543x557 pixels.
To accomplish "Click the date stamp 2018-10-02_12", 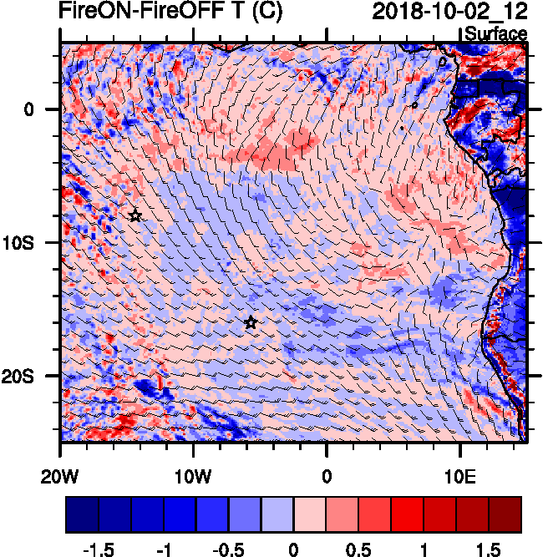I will (x=449, y=12).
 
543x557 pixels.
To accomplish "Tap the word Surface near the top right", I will (x=496, y=34).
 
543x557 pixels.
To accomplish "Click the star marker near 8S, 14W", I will (x=135, y=215).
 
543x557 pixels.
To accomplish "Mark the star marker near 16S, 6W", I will (x=250, y=323).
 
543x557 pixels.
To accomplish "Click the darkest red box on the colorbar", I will (x=505, y=514).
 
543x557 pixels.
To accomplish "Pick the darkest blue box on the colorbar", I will (x=82, y=514).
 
